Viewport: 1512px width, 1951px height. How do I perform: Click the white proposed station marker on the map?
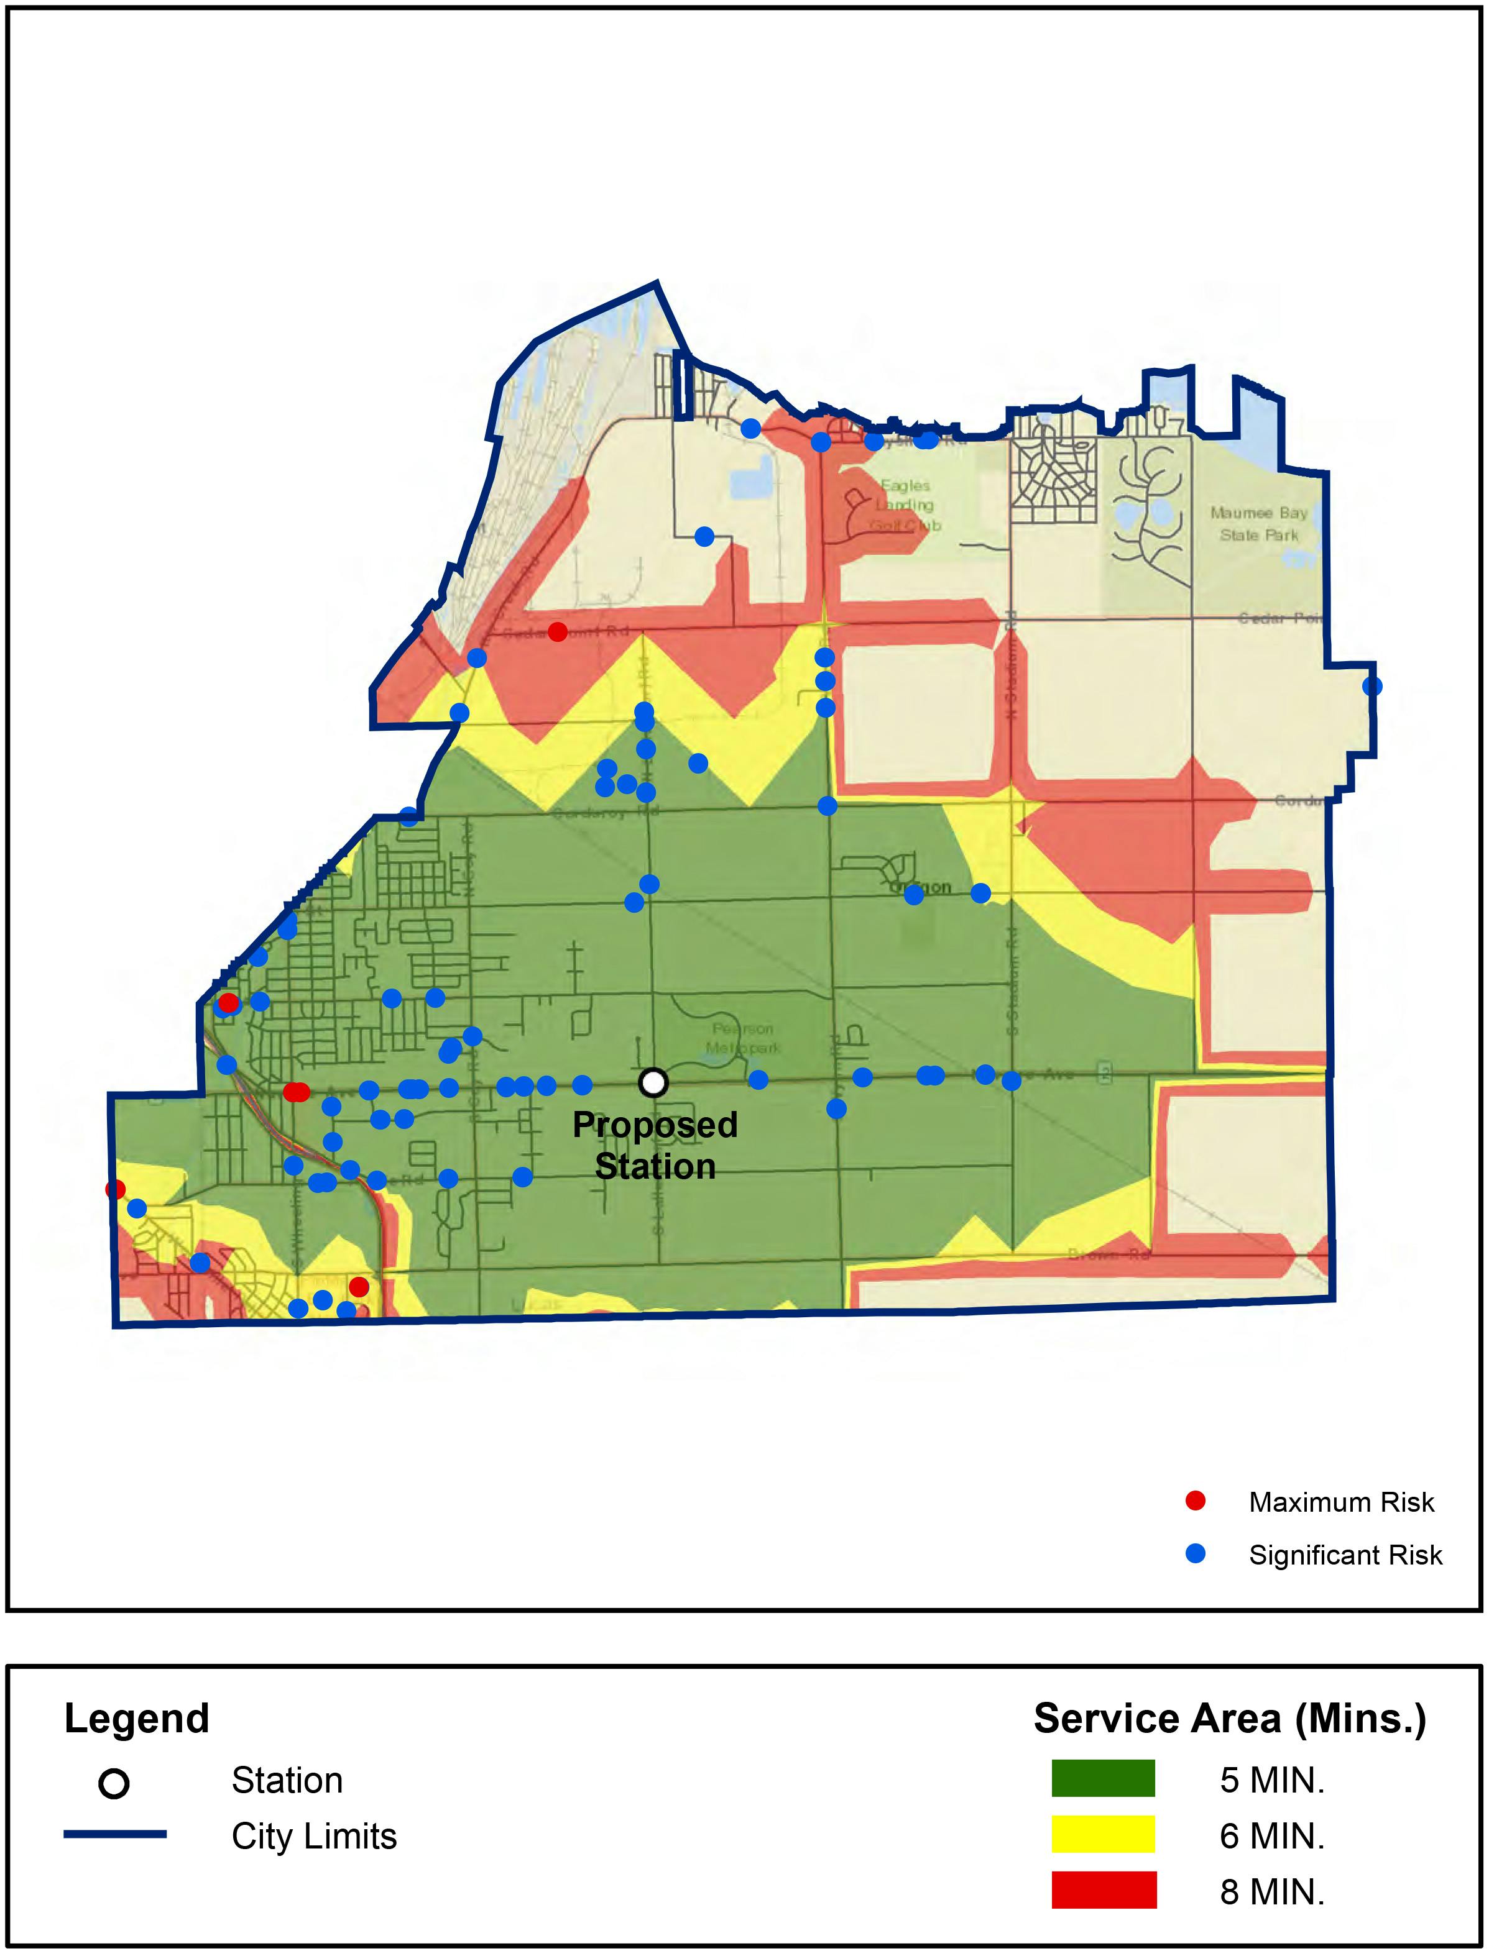(x=653, y=1083)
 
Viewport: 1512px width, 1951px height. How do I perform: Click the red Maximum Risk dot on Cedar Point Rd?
(x=558, y=631)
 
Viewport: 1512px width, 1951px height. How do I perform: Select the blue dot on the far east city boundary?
(x=1373, y=686)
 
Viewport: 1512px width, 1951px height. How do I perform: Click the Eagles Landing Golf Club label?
(x=905, y=505)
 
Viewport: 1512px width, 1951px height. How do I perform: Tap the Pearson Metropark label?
(x=742, y=1038)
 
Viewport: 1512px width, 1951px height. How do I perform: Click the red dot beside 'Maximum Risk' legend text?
(x=1195, y=1502)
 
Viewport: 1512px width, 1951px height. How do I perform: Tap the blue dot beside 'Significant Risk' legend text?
(x=1195, y=1555)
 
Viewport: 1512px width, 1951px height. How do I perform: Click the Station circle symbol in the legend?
(x=114, y=1784)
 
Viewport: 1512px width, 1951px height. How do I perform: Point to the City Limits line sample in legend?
(x=114, y=1835)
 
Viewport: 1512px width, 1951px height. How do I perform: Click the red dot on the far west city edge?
(x=115, y=1189)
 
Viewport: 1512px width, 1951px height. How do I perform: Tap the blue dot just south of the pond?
(x=704, y=536)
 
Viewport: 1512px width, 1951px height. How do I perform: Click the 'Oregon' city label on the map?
(x=920, y=887)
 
